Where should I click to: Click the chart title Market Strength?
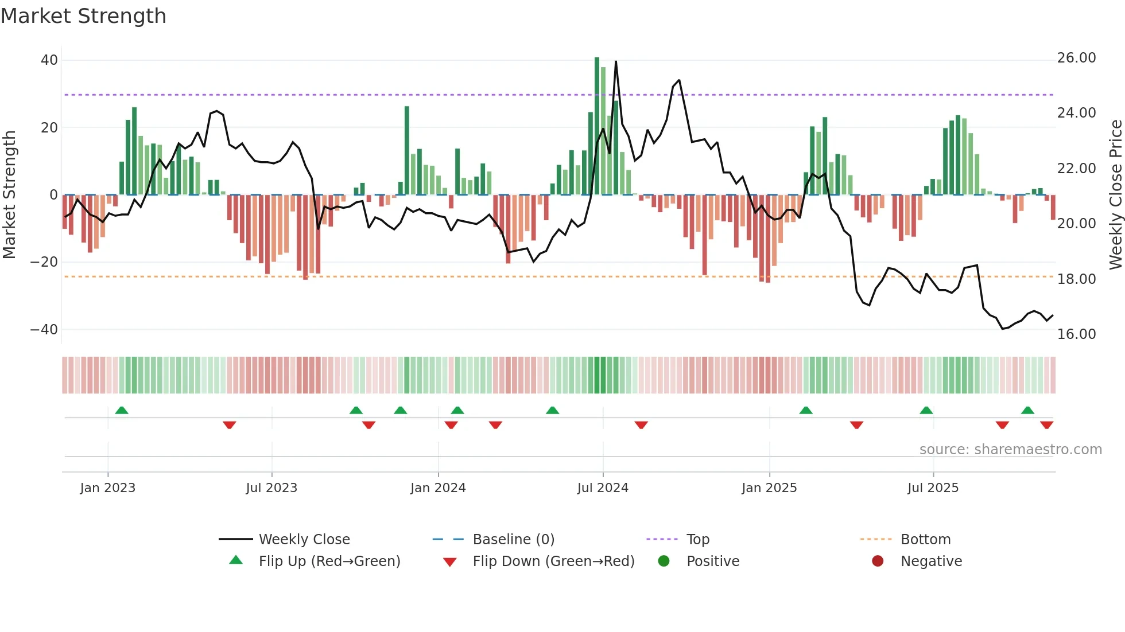click(x=83, y=16)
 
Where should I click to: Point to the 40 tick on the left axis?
click(x=49, y=60)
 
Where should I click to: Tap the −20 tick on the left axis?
click(x=44, y=262)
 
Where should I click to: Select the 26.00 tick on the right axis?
click(x=1076, y=58)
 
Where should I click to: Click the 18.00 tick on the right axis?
click(x=1076, y=279)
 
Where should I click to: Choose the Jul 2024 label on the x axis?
click(x=603, y=488)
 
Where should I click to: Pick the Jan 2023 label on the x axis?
click(x=108, y=488)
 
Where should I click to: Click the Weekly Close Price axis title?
click(x=1115, y=194)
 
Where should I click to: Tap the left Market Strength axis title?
click(x=9, y=194)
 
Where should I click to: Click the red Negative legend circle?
click(x=878, y=561)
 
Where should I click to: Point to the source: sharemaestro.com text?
click(x=1010, y=450)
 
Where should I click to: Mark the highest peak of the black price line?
click(x=616, y=62)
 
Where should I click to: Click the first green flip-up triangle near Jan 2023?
click(x=122, y=410)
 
